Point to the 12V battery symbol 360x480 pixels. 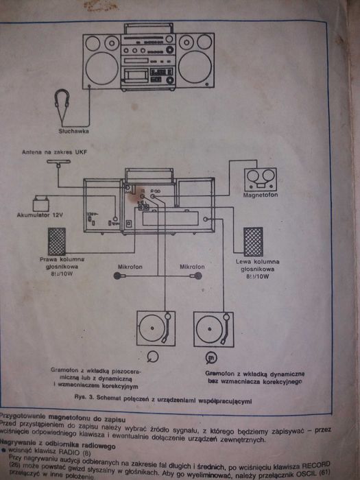click(x=42, y=203)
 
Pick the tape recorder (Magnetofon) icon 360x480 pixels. click(x=261, y=180)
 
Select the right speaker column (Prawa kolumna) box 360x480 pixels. click(x=56, y=242)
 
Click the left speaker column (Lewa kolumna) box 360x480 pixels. click(x=253, y=241)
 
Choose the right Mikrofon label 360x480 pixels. click(x=193, y=265)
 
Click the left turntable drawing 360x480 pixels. click(x=156, y=329)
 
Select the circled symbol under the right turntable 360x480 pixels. click(x=211, y=357)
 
